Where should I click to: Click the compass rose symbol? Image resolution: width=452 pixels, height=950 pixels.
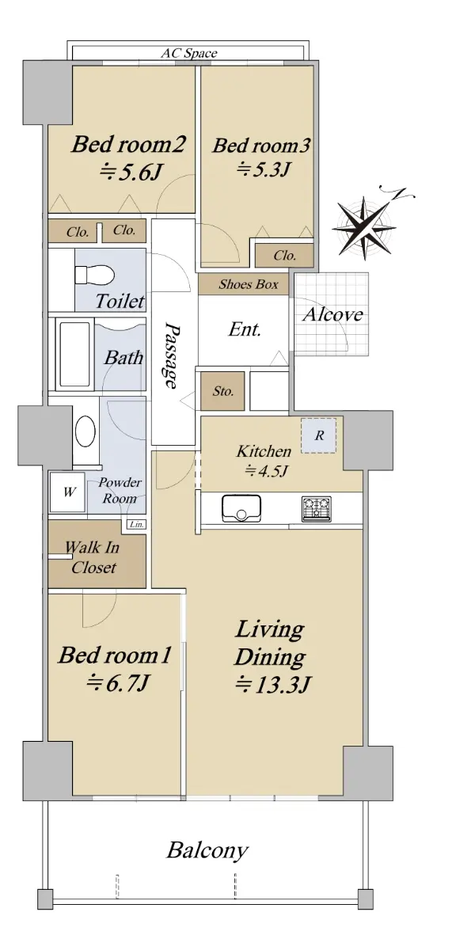pyautogui.click(x=364, y=226)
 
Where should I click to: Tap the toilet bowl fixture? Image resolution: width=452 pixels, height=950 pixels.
pyautogui.click(x=94, y=275)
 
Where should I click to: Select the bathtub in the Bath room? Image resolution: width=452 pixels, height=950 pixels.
pyautogui.click(x=74, y=354)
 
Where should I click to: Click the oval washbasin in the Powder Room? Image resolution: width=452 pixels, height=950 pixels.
pyautogui.click(x=85, y=431)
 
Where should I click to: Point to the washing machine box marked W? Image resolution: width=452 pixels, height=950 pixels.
pyautogui.click(x=68, y=492)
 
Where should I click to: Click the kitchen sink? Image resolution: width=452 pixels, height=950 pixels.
pyautogui.click(x=241, y=508)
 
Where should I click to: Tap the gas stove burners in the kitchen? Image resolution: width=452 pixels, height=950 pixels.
pyautogui.click(x=317, y=508)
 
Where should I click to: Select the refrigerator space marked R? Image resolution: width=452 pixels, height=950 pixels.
pyautogui.click(x=319, y=435)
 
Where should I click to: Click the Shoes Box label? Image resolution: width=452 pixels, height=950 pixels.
pyautogui.click(x=249, y=284)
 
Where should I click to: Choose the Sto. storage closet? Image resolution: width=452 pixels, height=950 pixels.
pyautogui.click(x=222, y=391)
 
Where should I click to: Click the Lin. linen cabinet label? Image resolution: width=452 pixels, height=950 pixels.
pyautogui.click(x=136, y=524)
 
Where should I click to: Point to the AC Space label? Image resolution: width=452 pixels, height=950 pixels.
pyautogui.click(x=189, y=53)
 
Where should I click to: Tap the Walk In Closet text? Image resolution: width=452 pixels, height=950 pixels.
pyautogui.click(x=93, y=557)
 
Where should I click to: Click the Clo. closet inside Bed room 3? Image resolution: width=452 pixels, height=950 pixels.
pyautogui.click(x=284, y=255)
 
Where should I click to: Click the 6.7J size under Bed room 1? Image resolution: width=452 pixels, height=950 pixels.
pyautogui.click(x=117, y=682)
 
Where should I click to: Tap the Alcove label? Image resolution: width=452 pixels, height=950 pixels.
pyautogui.click(x=333, y=314)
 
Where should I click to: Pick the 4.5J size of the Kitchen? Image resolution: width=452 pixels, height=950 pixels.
pyautogui.click(x=267, y=471)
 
